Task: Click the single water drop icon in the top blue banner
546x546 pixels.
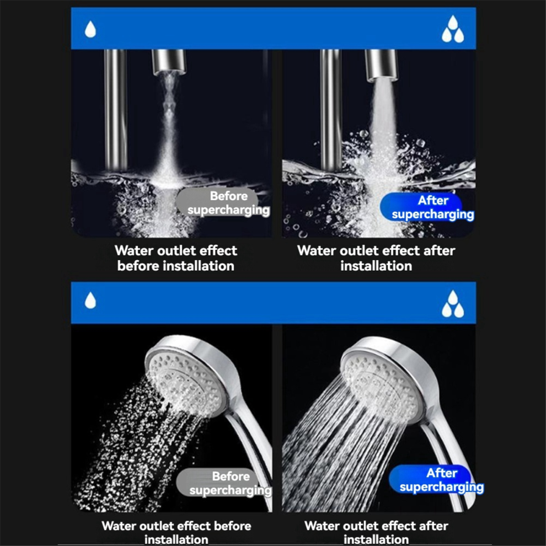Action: click(x=90, y=29)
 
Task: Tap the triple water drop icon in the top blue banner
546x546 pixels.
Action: click(x=453, y=29)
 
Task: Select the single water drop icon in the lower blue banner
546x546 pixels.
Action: click(x=90, y=300)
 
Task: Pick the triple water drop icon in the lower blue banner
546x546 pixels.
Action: click(x=453, y=304)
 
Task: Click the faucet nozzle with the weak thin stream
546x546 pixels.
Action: click(x=169, y=62)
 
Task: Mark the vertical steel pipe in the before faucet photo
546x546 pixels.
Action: click(x=115, y=110)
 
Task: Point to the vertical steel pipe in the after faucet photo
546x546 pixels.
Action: click(x=330, y=110)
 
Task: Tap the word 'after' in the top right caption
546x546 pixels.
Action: click(x=439, y=251)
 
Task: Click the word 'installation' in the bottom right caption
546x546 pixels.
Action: click(x=376, y=540)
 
